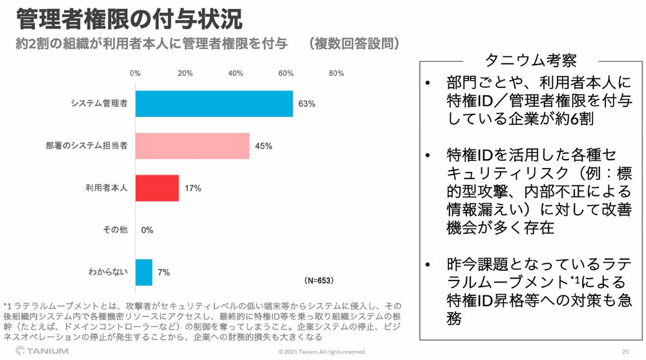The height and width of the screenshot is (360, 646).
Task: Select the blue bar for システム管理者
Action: click(214, 103)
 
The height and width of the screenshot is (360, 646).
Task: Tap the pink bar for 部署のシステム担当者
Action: click(193, 145)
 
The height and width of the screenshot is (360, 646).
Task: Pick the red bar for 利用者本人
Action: click(157, 188)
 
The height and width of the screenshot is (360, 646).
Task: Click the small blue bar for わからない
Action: click(144, 272)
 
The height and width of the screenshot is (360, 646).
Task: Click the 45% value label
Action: click(263, 146)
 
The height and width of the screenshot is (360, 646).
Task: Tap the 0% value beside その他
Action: click(147, 230)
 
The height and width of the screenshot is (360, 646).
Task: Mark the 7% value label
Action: click(164, 272)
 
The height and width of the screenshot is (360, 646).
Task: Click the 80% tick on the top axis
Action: click(336, 73)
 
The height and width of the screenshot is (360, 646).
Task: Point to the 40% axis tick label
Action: click(235, 73)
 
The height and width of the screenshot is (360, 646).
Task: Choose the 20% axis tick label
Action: click(185, 73)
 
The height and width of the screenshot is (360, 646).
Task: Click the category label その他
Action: click(115, 230)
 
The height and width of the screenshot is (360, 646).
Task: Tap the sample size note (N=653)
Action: click(319, 281)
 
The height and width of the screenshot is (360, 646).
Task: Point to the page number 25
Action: click(625, 352)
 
